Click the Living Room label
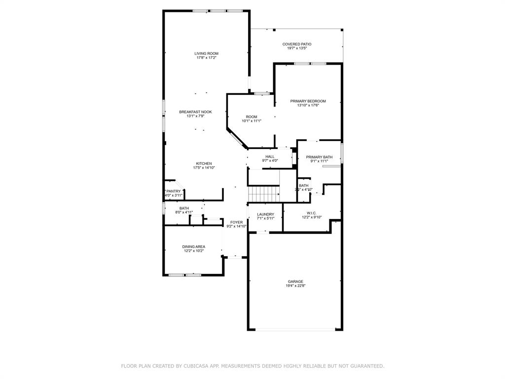tap(206, 53)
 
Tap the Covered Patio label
tap(296, 44)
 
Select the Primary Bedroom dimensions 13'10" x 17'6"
tap(308, 105)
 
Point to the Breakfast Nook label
tap(195, 112)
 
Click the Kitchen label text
tap(204, 163)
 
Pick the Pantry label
tap(173, 191)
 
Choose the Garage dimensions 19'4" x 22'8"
tap(295, 286)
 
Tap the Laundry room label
tap(265, 214)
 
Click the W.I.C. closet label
tap(311, 213)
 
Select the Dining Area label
tap(193, 247)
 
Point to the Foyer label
tap(236, 222)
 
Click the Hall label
tap(270, 156)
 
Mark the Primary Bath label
tap(319, 157)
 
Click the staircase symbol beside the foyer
tap(263, 194)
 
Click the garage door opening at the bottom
tap(295, 329)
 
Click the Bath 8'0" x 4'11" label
tap(183, 208)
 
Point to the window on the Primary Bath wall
tap(342, 152)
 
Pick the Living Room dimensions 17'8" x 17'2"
tap(206, 58)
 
